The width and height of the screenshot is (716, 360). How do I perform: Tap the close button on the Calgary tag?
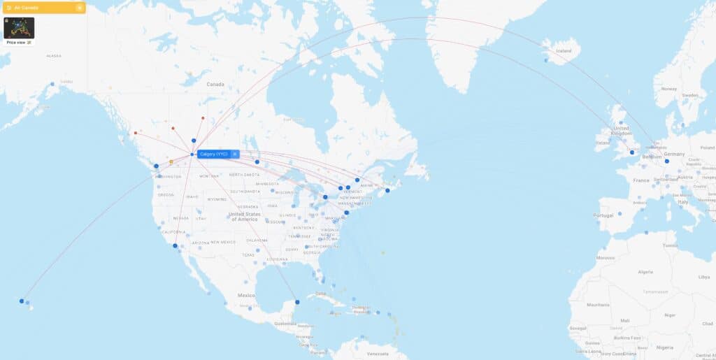tap(235, 154)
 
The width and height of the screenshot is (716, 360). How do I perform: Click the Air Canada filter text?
tap(27, 8)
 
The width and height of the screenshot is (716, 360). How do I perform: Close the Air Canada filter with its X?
tap(80, 8)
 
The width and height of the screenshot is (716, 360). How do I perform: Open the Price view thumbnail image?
tap(19, 28)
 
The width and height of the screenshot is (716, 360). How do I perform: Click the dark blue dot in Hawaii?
tap(22, 301)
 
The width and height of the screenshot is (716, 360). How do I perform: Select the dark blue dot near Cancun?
tap(297, 302)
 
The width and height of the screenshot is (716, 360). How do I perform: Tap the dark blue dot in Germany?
tap(667, 161)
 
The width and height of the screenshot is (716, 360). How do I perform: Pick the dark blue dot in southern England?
tap(631, 152)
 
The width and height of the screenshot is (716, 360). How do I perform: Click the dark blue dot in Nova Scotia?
tap(387, 190)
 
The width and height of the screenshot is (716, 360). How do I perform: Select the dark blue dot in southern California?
tap(175, 246)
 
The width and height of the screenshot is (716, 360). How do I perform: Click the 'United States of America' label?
tap(243, 216)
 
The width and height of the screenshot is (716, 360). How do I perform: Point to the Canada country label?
tap(215, 84)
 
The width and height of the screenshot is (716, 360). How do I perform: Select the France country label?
tap(641, 180)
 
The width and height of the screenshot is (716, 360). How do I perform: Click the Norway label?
tap(669, 89)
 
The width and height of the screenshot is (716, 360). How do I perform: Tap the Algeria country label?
tap(647, 271)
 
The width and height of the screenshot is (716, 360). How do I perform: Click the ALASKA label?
tap(54, 56)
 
